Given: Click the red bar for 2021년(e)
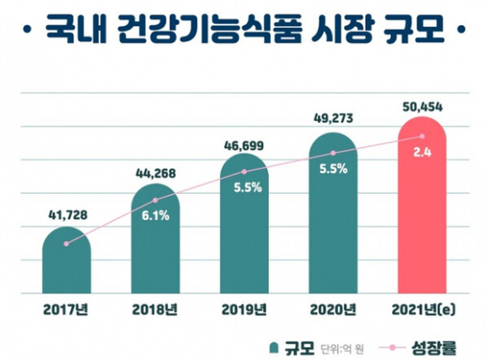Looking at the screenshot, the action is click(422, 205).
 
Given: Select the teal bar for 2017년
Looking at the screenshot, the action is click(67, 261).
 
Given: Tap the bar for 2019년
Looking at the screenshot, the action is click(244, 223).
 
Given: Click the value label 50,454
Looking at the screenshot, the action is click(422, 107).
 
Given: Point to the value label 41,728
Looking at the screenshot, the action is click(67, 215).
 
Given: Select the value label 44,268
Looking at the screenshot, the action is click(156, 174).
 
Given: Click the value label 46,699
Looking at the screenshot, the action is click(244, 146).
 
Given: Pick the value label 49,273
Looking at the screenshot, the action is click(333, 119).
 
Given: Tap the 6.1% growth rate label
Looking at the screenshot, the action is click(155, 216).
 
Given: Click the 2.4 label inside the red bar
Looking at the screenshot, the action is click(422, 153).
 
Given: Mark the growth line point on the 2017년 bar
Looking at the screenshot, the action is click(66, 244).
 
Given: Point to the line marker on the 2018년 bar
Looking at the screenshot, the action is click(155, 200).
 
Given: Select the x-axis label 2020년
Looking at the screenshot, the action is click(333, 309).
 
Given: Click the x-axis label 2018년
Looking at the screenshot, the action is click(155, 309).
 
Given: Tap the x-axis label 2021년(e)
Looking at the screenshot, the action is click(423, 309).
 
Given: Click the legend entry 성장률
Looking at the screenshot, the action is click(434, 347).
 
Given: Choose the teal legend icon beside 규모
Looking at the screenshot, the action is click(273, 348).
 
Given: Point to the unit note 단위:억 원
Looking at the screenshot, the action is click(342, 348).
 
